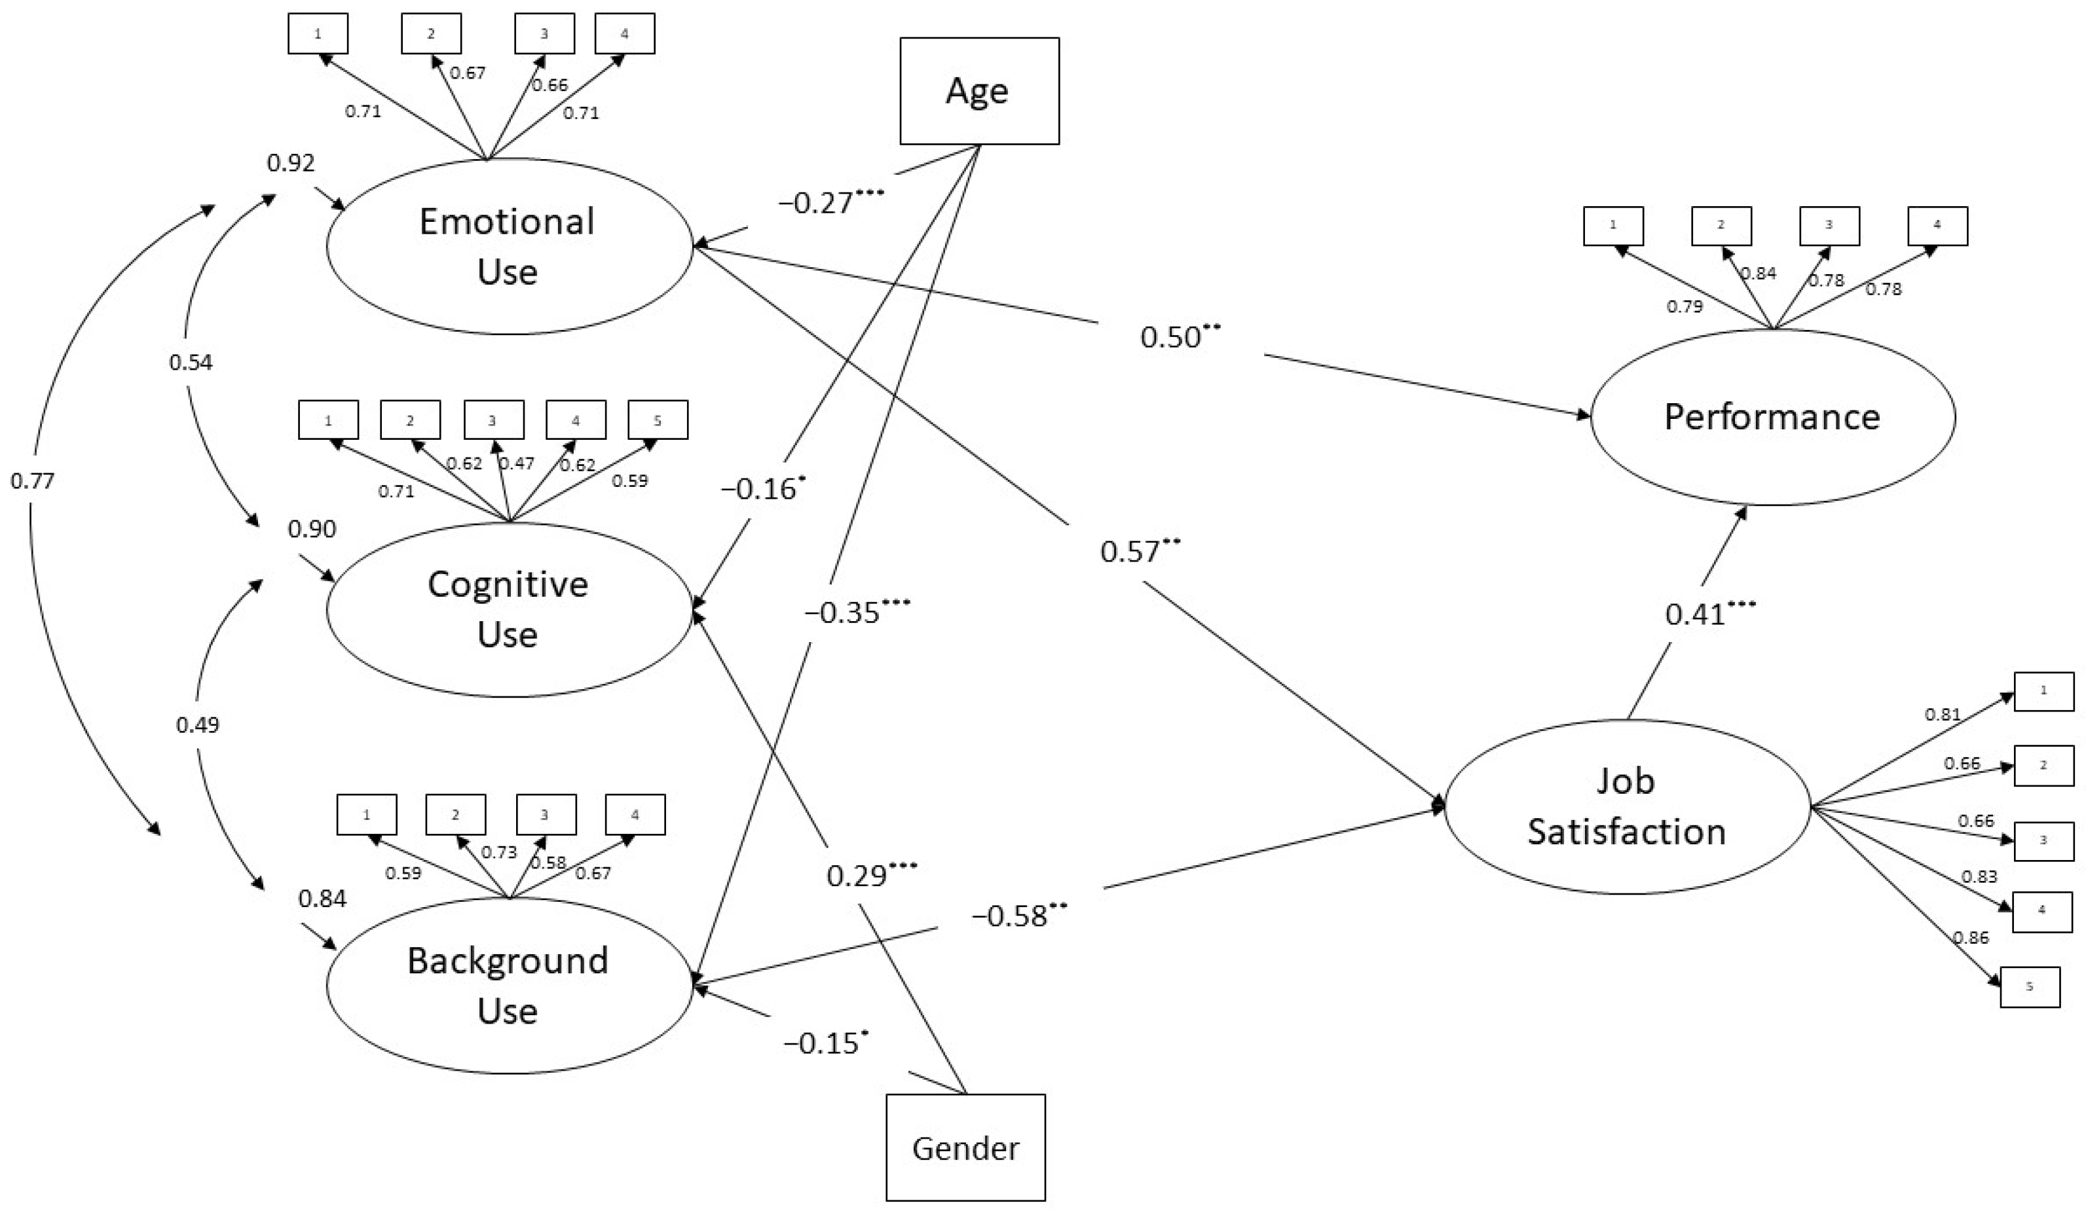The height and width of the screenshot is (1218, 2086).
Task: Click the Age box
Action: (978, 91)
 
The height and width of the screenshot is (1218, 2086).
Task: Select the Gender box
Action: (965, 1148)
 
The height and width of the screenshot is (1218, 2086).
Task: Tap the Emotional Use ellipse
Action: (508, 247)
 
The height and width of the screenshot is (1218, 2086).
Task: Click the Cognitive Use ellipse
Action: (508, 610)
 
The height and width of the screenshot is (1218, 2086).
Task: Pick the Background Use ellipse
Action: (508, 986)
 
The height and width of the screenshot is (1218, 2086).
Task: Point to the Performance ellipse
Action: (1772, 417)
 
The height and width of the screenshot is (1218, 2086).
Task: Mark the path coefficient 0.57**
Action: (1140, 550)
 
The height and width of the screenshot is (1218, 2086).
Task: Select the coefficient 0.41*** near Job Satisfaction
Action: (1709, 613)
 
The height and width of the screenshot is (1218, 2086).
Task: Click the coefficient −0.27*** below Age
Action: (830, 202)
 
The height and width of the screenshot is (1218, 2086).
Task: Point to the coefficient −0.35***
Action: (857, 613)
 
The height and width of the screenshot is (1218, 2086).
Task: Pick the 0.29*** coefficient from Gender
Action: (871, 874)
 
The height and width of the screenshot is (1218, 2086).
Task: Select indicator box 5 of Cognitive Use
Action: (658, 420)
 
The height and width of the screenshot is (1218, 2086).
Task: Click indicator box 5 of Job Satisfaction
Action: (2030, 986)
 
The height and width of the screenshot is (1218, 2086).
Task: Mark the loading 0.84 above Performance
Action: (1757, 273)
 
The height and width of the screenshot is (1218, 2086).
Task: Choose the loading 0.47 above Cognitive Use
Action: (517, 463)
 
